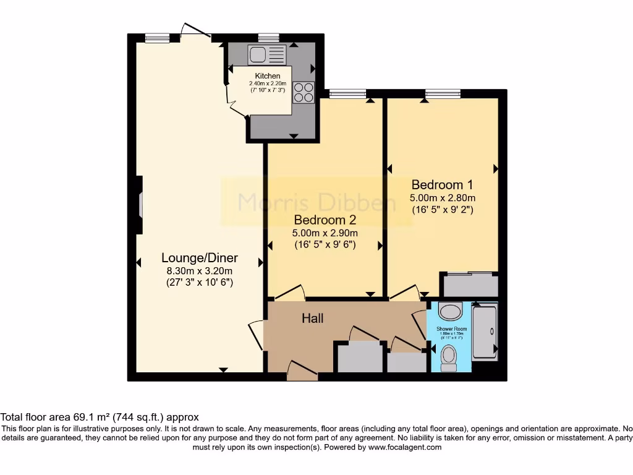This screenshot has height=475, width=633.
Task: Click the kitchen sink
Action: (x=267, y=55)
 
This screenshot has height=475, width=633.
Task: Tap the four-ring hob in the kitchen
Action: (x=304, y=92)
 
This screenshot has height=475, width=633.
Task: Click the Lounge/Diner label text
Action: (x=200, y=258)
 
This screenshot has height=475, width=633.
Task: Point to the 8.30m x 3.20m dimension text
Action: (x=200, y=270)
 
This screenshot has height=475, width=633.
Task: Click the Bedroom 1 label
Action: (x=442, y=184)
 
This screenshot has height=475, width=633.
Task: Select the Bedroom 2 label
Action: (x=325, y=220)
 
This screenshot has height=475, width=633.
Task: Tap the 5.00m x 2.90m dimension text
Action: (x=325, y=233)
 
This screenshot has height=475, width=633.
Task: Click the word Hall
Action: (x=312, y=319)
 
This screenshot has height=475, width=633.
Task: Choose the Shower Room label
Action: (x=452, y=328)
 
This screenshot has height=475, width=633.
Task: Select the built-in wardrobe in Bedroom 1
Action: (x=469, y=285)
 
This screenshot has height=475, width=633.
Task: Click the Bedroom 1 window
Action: (x=443, y=94)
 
